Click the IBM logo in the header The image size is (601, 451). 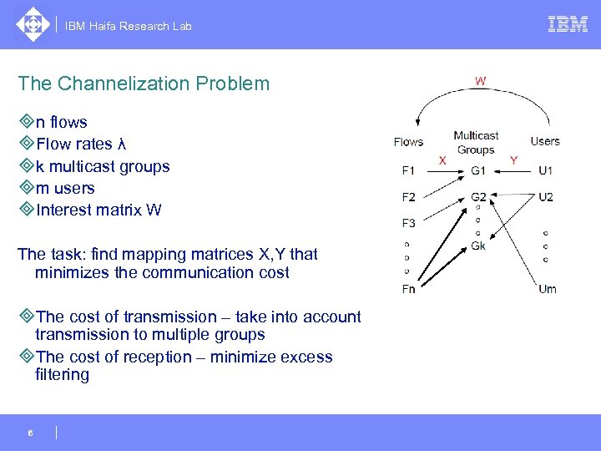pos(568,24)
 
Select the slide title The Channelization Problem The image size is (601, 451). pos(144,84)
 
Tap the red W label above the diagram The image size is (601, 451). pos(481,81)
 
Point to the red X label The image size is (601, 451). pos(442,160)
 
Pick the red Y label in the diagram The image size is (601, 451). pos(513,160)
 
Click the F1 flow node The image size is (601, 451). pos(408,171)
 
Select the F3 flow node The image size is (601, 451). pos(408,223)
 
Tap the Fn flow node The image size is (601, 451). pos(408,289)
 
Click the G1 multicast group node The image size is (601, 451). pos(477,171)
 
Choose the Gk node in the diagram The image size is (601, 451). pos(478,246)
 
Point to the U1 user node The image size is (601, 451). pos(546,171)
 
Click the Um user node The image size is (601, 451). pos(547,289)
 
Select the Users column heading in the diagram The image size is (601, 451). pos(545,141)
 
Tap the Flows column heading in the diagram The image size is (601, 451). pos(408,142)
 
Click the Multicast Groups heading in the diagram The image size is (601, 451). pos(476,143)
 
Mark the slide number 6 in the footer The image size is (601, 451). pos(30,433)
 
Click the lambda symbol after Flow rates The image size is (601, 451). pos(122,144)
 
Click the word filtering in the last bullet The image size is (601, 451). pos(62,375)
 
